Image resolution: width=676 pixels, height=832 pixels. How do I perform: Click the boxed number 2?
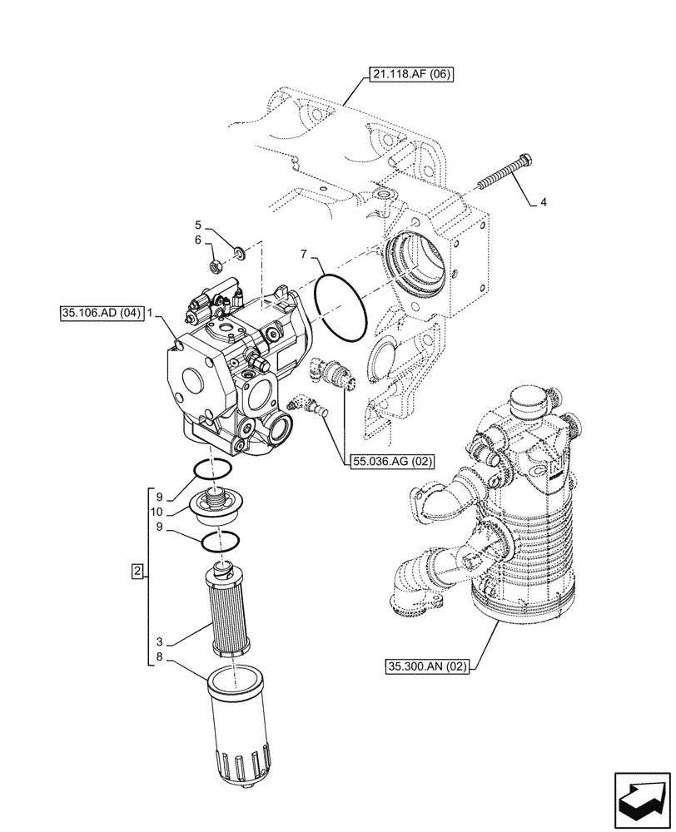tap(138, 571)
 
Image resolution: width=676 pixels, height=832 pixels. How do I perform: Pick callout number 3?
tap(158, 642)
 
